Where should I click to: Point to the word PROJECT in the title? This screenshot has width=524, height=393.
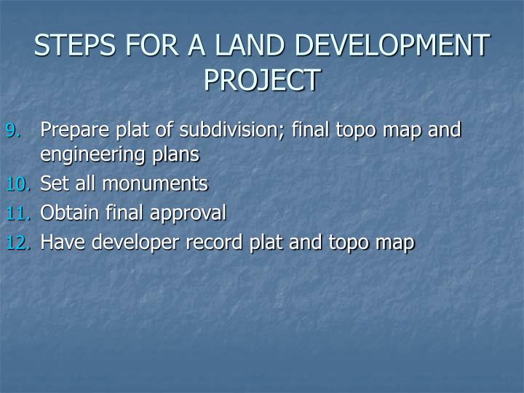tap(262, 79)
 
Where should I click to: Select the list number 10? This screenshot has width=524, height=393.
tap(18, 185)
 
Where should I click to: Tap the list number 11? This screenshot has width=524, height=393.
tap(18, 214)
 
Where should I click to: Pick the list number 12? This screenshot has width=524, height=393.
tap(18, 243)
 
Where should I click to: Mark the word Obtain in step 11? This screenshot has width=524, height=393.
tap(67, 213)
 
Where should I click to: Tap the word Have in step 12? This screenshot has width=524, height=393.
tap(59, 242)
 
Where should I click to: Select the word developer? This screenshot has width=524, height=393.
tap(125, 242)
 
